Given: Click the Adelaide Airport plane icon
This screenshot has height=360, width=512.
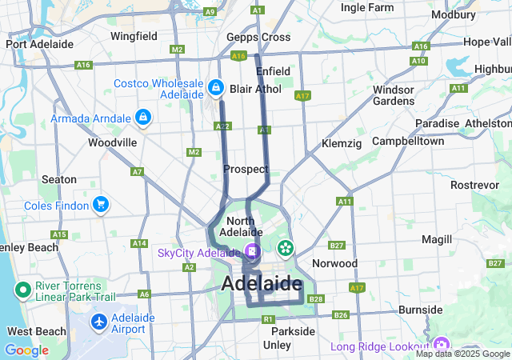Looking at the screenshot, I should (99, 321).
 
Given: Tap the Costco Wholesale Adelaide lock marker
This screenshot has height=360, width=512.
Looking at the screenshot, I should (215, 86).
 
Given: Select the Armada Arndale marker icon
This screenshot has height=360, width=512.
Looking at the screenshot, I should (143, 118).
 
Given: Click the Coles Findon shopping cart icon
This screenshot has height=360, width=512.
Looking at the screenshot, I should (101, 205).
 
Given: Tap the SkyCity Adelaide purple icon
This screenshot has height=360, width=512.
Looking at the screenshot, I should (251, 253).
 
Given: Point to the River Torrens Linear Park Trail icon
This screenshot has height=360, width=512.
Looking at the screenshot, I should (22, 290).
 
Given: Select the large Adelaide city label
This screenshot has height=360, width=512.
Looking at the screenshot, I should (262, 283).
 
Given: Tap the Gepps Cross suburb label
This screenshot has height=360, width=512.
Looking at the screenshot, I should (258, 38).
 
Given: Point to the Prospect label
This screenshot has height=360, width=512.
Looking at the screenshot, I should (246, 169).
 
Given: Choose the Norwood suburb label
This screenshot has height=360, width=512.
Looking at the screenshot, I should (334, 263).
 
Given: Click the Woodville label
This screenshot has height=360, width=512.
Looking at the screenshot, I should (113, 142).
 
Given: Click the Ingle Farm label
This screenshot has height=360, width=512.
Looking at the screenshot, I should (367, 8).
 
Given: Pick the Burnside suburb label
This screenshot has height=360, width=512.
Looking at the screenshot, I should (420, 310).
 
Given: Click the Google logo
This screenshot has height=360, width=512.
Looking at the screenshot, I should (26, 350).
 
